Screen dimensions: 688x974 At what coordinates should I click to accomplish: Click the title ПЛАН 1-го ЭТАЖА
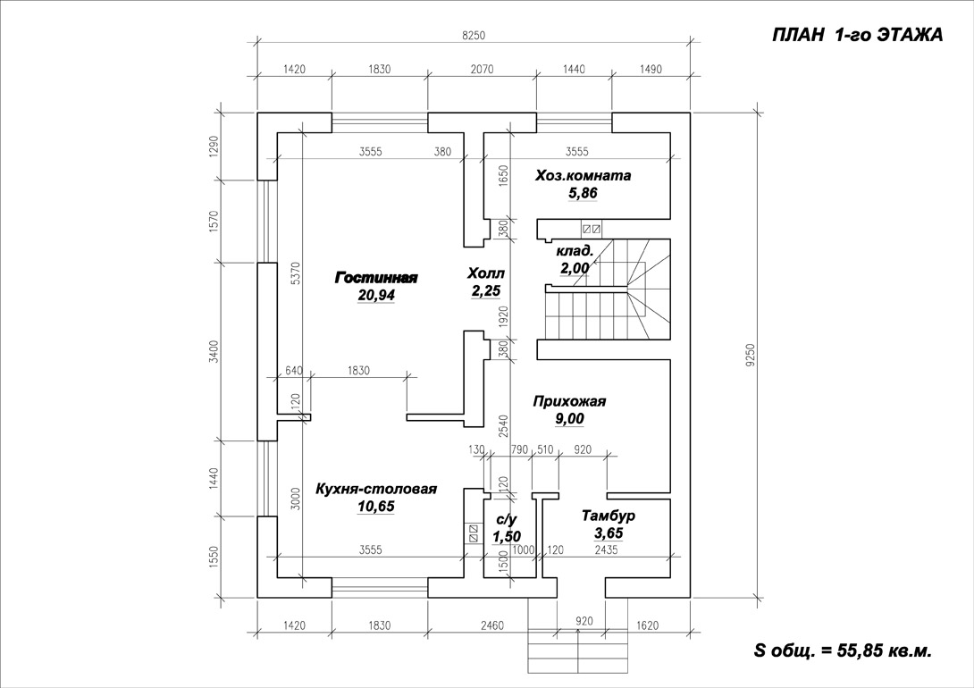click(856, 36)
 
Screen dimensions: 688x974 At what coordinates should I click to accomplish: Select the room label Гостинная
click(376, 278)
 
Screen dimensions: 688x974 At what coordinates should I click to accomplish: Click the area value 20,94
click(376, 295)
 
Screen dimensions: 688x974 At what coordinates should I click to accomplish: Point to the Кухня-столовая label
click(376, 489)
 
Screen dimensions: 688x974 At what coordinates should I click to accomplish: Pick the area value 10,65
click(376, 507)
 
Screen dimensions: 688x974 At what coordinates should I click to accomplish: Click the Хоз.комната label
click(583, 175)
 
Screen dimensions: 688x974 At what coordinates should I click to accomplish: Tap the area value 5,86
click(582, 193)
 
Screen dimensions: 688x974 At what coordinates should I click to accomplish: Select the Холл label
click(486, 273)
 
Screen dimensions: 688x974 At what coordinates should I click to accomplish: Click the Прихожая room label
click(569, 401)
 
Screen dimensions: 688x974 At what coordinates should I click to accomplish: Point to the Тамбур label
click(608, 516)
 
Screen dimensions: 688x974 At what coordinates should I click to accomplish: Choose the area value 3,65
click(608, 533)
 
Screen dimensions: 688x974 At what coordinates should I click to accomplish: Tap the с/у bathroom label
click(506, 518)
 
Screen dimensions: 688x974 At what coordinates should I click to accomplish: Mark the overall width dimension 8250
click(473, 36)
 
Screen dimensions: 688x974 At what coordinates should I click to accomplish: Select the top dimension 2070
click(481, 69)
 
